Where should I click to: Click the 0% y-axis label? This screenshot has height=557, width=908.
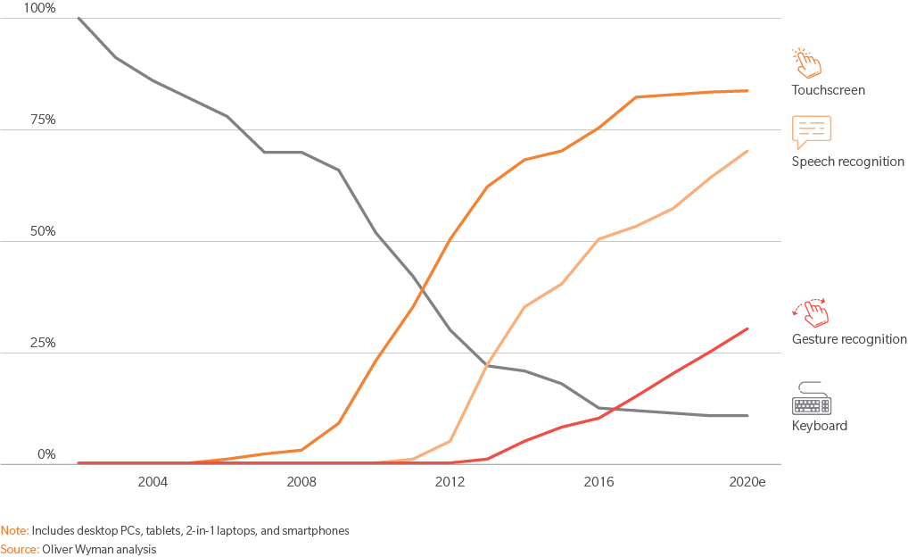[x=45, y=454]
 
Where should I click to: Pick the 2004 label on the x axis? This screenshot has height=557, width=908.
[x=153, y=482]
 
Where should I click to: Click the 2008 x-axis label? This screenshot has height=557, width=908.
[x=301, y=482]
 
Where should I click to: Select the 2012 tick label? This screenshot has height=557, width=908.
[x=450, y=482]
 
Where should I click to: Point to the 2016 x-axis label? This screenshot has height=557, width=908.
[x=598, y=482]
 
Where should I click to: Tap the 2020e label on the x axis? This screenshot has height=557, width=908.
[x=747, y=482]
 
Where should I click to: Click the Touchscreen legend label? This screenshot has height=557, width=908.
[x=828, y=90]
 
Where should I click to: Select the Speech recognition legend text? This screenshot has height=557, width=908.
[x=847, y=162]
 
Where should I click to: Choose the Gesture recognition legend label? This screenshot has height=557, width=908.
[x=849, y=339]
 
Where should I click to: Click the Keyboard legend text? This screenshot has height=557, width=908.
[x=819, y=426]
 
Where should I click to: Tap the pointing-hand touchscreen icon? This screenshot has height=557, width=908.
[x=807, y=62]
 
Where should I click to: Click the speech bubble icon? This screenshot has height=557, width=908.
[x=812, y=132]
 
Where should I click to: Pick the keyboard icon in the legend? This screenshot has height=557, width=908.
[x=812, y=398]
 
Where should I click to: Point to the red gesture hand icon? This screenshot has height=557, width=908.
[x=811, y=312]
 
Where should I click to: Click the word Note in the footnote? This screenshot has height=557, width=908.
[x=13, y=530]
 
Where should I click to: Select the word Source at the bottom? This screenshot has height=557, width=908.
[x=19, y=549]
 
